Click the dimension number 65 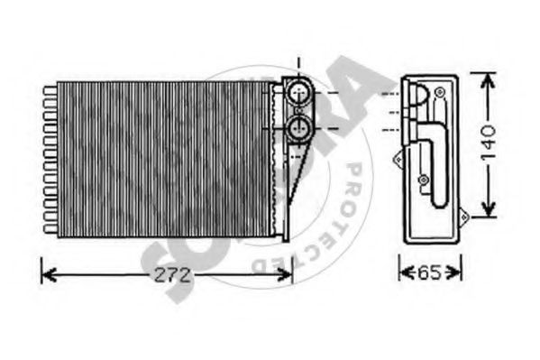(432, 270)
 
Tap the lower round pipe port (298, 126)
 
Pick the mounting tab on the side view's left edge (396, 158)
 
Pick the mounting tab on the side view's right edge (465, 217)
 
